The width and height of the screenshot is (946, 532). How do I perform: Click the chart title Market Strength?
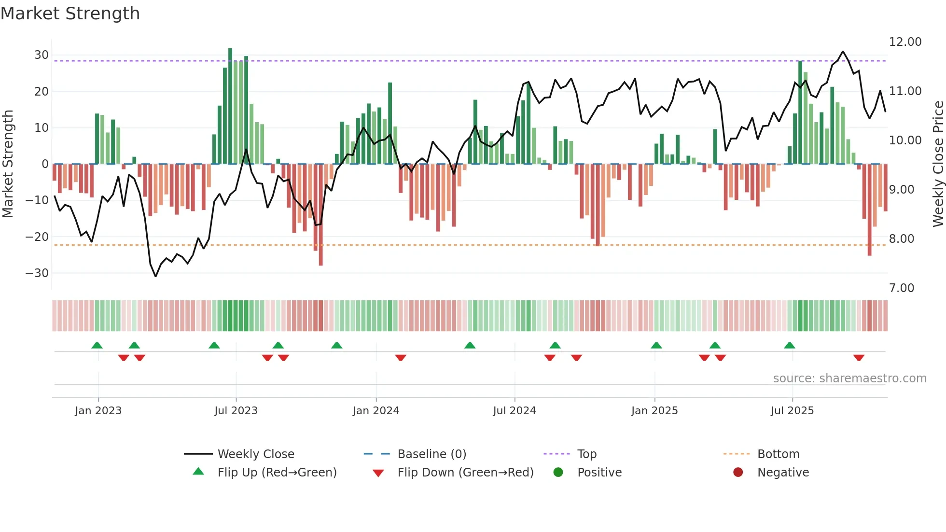[x=70, y=14]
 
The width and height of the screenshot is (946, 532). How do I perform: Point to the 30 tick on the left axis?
[x=41, y=55]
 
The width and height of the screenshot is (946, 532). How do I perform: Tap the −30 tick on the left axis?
[x=37, y=273]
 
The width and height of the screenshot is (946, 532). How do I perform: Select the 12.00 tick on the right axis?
[x=905, y=42]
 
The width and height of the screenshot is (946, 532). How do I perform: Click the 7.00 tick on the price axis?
[x=901, y=288]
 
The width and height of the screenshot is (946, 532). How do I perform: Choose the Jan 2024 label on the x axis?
[x=376, y=411]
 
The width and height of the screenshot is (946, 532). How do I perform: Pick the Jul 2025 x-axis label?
[x=792, y=411]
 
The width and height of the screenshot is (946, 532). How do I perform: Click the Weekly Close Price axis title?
[x=938, y=164]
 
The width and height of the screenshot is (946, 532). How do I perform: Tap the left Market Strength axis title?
[x=8, y=164]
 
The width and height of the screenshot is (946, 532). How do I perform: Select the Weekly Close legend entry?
[x=255, y=454]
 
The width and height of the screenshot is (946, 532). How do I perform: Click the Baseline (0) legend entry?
[x=431, y=454]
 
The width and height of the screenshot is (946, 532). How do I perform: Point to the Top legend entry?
[x=586, y=454]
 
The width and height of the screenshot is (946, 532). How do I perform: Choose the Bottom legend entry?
[x=778, y=454]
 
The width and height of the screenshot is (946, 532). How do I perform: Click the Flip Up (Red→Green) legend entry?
[x=277, y=473]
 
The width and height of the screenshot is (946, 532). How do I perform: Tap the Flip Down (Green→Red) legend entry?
[x=465, y=473]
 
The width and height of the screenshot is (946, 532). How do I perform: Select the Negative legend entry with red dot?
[x=782, y=473]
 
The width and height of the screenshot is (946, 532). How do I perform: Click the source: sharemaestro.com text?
[x=849, y=378]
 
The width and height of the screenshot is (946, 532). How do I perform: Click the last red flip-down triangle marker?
[x=859, y=358]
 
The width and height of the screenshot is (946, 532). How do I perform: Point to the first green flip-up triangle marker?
[x=97, y=345]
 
